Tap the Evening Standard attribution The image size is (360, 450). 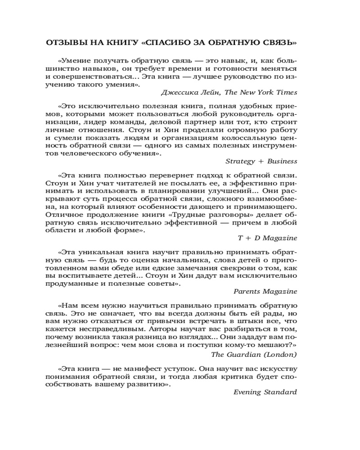pos(265,392)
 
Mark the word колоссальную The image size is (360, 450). pos(238,139)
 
